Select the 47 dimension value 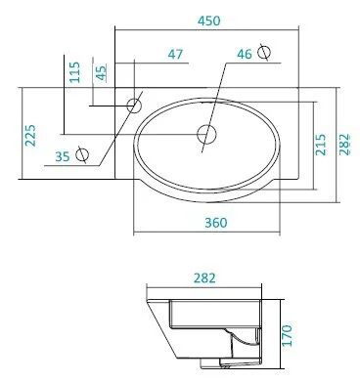176,55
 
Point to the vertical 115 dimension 74,74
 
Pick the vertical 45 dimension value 101,74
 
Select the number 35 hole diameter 63,154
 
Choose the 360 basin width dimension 217,223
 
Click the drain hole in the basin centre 206,132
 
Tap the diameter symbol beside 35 84,154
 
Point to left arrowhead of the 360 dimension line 136,233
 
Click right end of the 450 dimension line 296,28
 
